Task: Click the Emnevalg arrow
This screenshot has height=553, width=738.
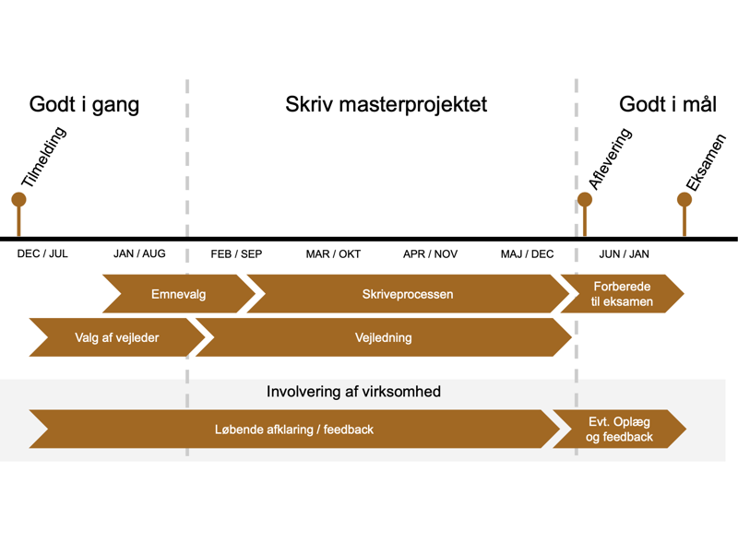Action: click(179, 295)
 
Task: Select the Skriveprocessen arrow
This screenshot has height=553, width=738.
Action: click(408, 295)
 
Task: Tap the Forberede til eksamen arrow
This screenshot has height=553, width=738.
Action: click(622, 295)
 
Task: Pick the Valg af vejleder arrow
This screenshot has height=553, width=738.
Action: click(116, 337)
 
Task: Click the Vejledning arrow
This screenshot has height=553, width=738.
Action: click(384, 337)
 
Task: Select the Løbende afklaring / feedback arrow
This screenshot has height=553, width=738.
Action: click(293, 429)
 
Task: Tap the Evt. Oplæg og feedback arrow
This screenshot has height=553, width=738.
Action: click(620, 429)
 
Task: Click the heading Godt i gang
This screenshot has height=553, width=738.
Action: click(84, 104)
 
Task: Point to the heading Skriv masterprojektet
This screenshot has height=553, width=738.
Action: click(387, 104)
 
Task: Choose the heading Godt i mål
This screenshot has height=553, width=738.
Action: click(668, 104)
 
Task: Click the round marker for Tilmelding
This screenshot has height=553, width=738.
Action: click(18, 199)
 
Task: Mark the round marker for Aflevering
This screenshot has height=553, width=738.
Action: click(584, 199)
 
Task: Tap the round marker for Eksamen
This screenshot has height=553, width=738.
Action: click(684, 199)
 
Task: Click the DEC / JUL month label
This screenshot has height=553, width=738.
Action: click(42, 254)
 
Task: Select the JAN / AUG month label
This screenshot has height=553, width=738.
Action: click(139, 254)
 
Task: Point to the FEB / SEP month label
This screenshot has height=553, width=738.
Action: click(236, 254)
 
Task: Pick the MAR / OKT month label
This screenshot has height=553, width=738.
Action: click(333, 254)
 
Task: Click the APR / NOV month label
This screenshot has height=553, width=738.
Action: click(430, 254)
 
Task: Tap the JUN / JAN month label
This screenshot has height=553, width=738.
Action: click(624, 254)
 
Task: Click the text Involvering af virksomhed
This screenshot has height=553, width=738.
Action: click(353, 392)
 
